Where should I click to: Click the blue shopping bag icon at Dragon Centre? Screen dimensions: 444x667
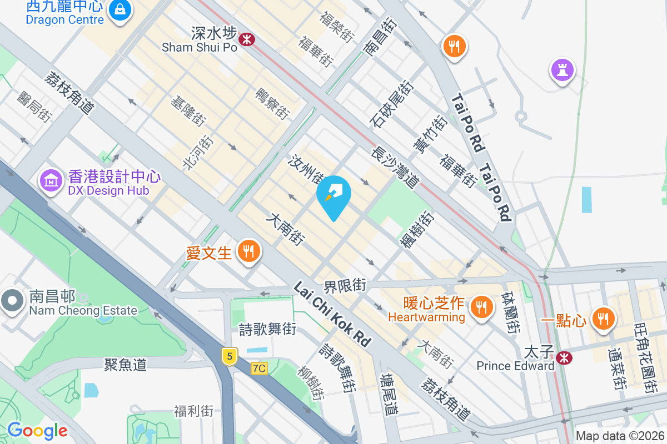point(120,10)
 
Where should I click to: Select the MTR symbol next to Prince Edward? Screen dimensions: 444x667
point(564,358)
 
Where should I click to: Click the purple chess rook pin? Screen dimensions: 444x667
point(562,70)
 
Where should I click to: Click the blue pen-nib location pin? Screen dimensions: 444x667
point(333,195)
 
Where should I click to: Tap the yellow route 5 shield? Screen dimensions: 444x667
point(229,356)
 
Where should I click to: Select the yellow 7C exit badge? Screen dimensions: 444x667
point(259,368)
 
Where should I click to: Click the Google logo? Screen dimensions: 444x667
point(37,431)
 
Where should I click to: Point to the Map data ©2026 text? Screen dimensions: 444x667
point(620,436)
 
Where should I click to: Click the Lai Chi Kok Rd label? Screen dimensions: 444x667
point(332,314)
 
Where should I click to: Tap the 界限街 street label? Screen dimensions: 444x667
point(345,286)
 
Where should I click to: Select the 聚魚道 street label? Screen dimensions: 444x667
point(126,364)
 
